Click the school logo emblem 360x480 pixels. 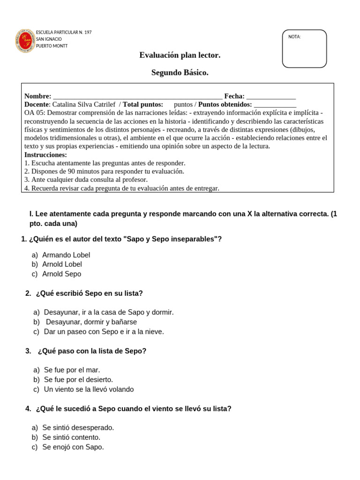25,40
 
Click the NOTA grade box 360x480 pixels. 304,49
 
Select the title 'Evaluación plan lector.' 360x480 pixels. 180,55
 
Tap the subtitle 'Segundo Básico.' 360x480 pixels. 180,73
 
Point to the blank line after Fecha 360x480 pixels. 271,97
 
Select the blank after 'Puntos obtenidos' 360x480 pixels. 275,105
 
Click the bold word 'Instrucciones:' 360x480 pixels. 45,155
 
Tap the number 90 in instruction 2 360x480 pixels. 72,171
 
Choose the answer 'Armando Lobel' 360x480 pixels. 66,255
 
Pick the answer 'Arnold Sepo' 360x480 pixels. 61,274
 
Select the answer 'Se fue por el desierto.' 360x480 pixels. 78,380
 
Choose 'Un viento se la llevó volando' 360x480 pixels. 89,390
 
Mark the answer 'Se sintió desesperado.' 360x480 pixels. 78,427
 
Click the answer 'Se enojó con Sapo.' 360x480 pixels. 73,447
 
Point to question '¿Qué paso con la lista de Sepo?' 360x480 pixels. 92,351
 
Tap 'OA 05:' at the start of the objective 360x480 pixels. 35,113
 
